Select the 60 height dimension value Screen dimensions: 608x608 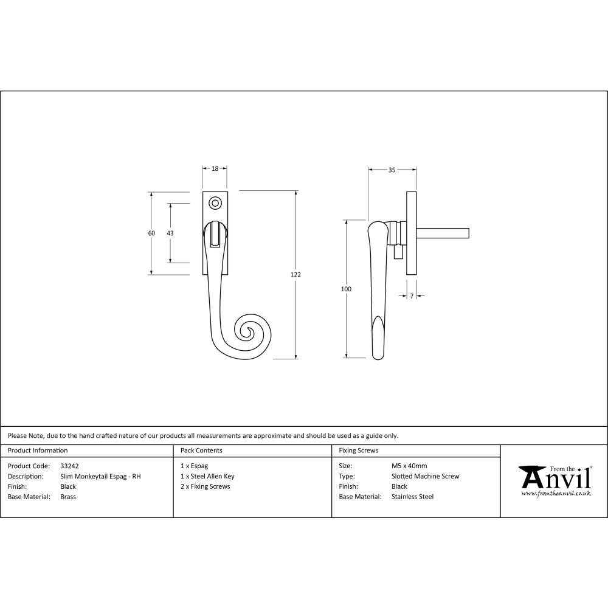coord(151,233)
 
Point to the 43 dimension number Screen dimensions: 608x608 coord(170,233)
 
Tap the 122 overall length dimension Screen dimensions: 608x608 coord(295,275)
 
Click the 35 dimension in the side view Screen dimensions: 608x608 coord(392,170)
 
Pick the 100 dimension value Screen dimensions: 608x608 coord(346,289)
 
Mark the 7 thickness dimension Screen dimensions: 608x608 coord(412,296)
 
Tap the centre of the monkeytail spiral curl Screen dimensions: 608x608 coord(248,331)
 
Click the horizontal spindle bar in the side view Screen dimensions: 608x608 coord(443,232)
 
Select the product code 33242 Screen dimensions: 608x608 coord(70,466)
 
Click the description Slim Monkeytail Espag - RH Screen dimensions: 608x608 coord(100,477)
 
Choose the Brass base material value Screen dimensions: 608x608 coord(68,497)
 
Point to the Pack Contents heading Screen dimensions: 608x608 coord(201,451)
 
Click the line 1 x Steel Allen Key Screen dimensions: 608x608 coord(207,477)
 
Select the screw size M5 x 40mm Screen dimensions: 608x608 coord(409,466)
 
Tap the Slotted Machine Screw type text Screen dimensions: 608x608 coord(425,477)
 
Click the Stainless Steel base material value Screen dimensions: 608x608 coord(412,497)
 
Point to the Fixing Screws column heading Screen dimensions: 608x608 coord(358,451)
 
